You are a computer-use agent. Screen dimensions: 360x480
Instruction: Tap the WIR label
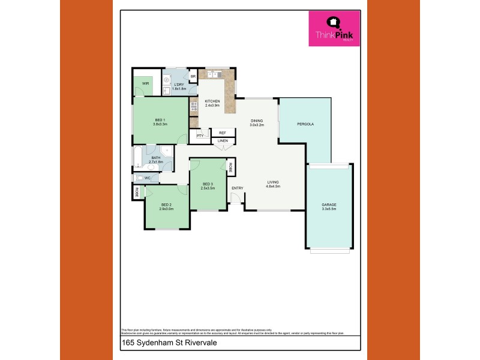(145, 84)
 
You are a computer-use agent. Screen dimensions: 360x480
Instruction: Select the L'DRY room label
(179, 85)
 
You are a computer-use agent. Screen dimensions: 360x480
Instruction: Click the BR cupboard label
(193, 77)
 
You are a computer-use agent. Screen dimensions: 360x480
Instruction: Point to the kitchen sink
(213, 75)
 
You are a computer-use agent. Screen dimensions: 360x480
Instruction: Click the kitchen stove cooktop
(194, 107)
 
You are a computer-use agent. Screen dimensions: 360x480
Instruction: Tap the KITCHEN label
(212, 101)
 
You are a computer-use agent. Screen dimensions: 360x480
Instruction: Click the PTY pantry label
(199, 136)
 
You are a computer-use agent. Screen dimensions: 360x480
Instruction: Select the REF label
(222, 133)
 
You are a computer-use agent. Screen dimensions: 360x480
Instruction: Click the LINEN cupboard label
(223, 141)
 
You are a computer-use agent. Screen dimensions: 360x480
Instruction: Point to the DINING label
(257, 121)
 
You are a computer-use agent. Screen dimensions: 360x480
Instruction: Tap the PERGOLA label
(305, 124)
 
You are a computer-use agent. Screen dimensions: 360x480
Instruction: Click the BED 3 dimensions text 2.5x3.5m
(208, 188)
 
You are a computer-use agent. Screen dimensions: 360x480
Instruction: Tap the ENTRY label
(238, 188)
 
